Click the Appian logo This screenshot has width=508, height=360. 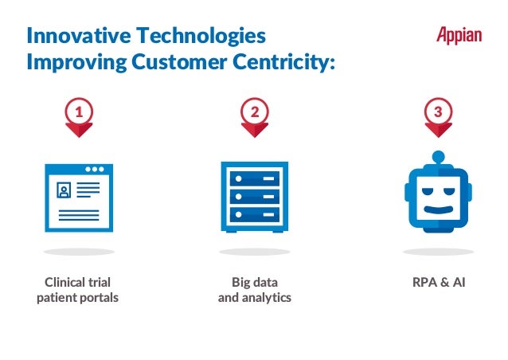coord(459,35)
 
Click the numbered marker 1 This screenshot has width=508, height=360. coord(78,115)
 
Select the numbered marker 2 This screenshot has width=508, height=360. coord(255,115)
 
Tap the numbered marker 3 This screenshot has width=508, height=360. coord(436,115)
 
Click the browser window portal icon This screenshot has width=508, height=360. coord(79,198)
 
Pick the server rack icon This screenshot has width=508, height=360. coord(254,197)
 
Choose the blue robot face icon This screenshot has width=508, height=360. coord(436,199)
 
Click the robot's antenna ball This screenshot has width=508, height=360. coord(437,156)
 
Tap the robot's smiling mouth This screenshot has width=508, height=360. coord(437,212)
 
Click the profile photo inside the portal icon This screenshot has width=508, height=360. coord(63,190)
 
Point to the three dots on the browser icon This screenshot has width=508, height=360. coord(96,170)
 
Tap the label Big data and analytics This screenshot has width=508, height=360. coord(255,290)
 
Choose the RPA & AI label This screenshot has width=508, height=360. coord(436,282)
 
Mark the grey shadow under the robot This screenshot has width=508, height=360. coord(437,252)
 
